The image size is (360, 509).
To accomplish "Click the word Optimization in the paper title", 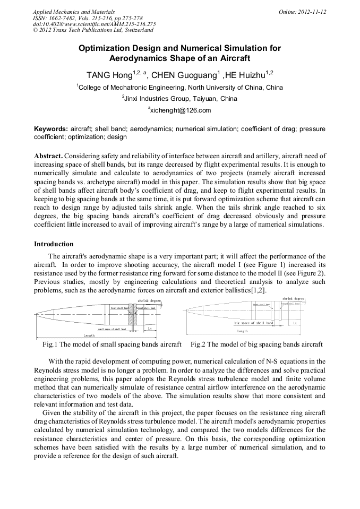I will coord(105,48).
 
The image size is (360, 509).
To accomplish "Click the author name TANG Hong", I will coord(109,74).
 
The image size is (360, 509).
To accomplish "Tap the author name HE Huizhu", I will coord(246,74).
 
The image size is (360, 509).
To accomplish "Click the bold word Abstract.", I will coord(48,156).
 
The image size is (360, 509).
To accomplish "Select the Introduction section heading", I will coord(54,244).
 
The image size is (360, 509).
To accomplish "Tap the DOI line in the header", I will coord(94,24).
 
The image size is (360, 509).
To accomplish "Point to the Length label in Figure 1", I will coord(89,335).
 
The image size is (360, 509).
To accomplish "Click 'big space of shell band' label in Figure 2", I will coord(254,323).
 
